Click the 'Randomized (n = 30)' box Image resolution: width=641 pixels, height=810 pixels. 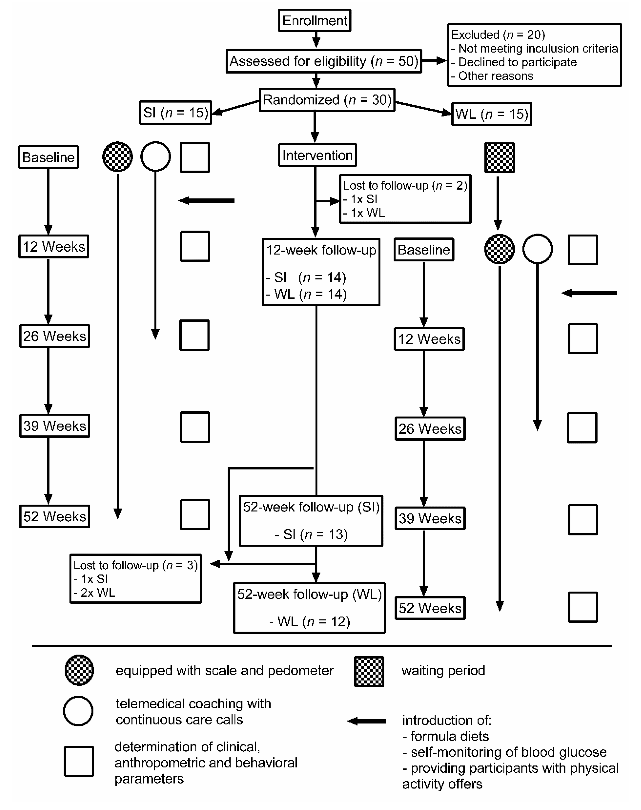pos(327,100)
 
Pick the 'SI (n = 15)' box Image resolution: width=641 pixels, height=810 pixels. pos(176,113)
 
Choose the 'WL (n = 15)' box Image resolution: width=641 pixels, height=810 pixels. pos(492,114)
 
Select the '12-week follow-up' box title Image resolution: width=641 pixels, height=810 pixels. pos(321,250)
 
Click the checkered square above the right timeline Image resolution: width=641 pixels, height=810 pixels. pos(500,157)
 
